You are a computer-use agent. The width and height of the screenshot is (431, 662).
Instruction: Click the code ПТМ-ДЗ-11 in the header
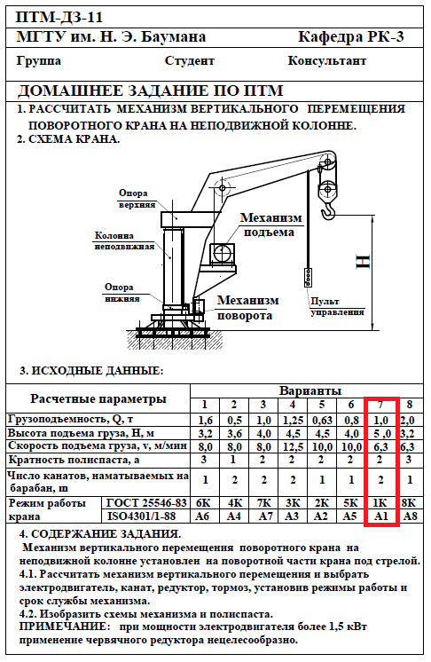(x=59, y=18)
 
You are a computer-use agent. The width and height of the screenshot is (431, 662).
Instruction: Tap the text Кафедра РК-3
(x=351, y=37)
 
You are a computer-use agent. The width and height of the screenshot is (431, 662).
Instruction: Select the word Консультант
(x=327, y=61)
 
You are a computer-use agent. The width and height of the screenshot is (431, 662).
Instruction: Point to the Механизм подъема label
(x=270, y=225)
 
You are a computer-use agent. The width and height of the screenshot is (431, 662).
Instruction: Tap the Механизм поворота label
(x=247, y=308)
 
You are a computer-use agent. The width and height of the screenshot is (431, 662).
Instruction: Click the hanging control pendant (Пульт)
(x=309, y=278)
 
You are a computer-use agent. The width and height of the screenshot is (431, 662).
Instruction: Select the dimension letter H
(x=363, y=262)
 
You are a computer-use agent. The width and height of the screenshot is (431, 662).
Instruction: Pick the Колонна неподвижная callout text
(x=124, y=240)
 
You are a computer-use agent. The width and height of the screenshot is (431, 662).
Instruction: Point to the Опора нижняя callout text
(x=121, y=293)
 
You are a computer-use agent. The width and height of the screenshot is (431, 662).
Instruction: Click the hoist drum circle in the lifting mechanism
(x=223, y=254)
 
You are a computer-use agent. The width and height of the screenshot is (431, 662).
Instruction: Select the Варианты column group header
(x=310, y=391)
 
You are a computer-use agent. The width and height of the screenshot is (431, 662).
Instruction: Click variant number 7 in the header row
(x=380, y=405)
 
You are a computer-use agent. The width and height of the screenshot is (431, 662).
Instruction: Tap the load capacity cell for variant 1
(x=205, y=420)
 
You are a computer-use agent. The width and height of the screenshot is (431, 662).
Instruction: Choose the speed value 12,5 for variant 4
(x=293, y=446)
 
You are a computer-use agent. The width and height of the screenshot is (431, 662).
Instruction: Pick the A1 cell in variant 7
(x=380, y=516)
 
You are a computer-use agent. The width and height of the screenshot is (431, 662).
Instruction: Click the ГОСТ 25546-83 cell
(x=146, y=503)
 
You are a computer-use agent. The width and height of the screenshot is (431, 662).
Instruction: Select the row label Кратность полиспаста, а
(x=74, y=460)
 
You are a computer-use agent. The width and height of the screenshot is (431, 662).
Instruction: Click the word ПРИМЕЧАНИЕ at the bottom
(x=61, y=627)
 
